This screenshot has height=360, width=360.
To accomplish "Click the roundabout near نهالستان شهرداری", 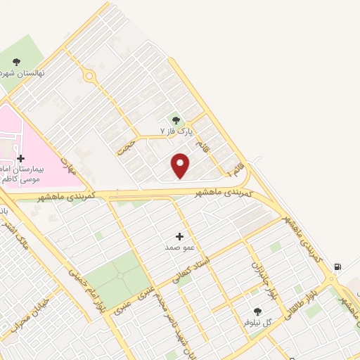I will tap(89, 76).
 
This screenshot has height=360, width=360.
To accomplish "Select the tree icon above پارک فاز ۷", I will tap(176, 120).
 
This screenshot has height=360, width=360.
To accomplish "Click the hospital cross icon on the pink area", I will tap(20, 158).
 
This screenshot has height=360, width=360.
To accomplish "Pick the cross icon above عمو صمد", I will tap(179, 236).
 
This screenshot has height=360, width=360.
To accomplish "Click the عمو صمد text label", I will tap(178, 247).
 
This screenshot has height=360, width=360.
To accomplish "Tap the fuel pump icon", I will tap(337, 267).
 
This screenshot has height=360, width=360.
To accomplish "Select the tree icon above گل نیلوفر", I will tap(257, 311).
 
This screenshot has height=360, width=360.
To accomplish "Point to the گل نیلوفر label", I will tap(257, 322).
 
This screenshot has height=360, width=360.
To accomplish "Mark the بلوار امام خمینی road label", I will tap(79, 288).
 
